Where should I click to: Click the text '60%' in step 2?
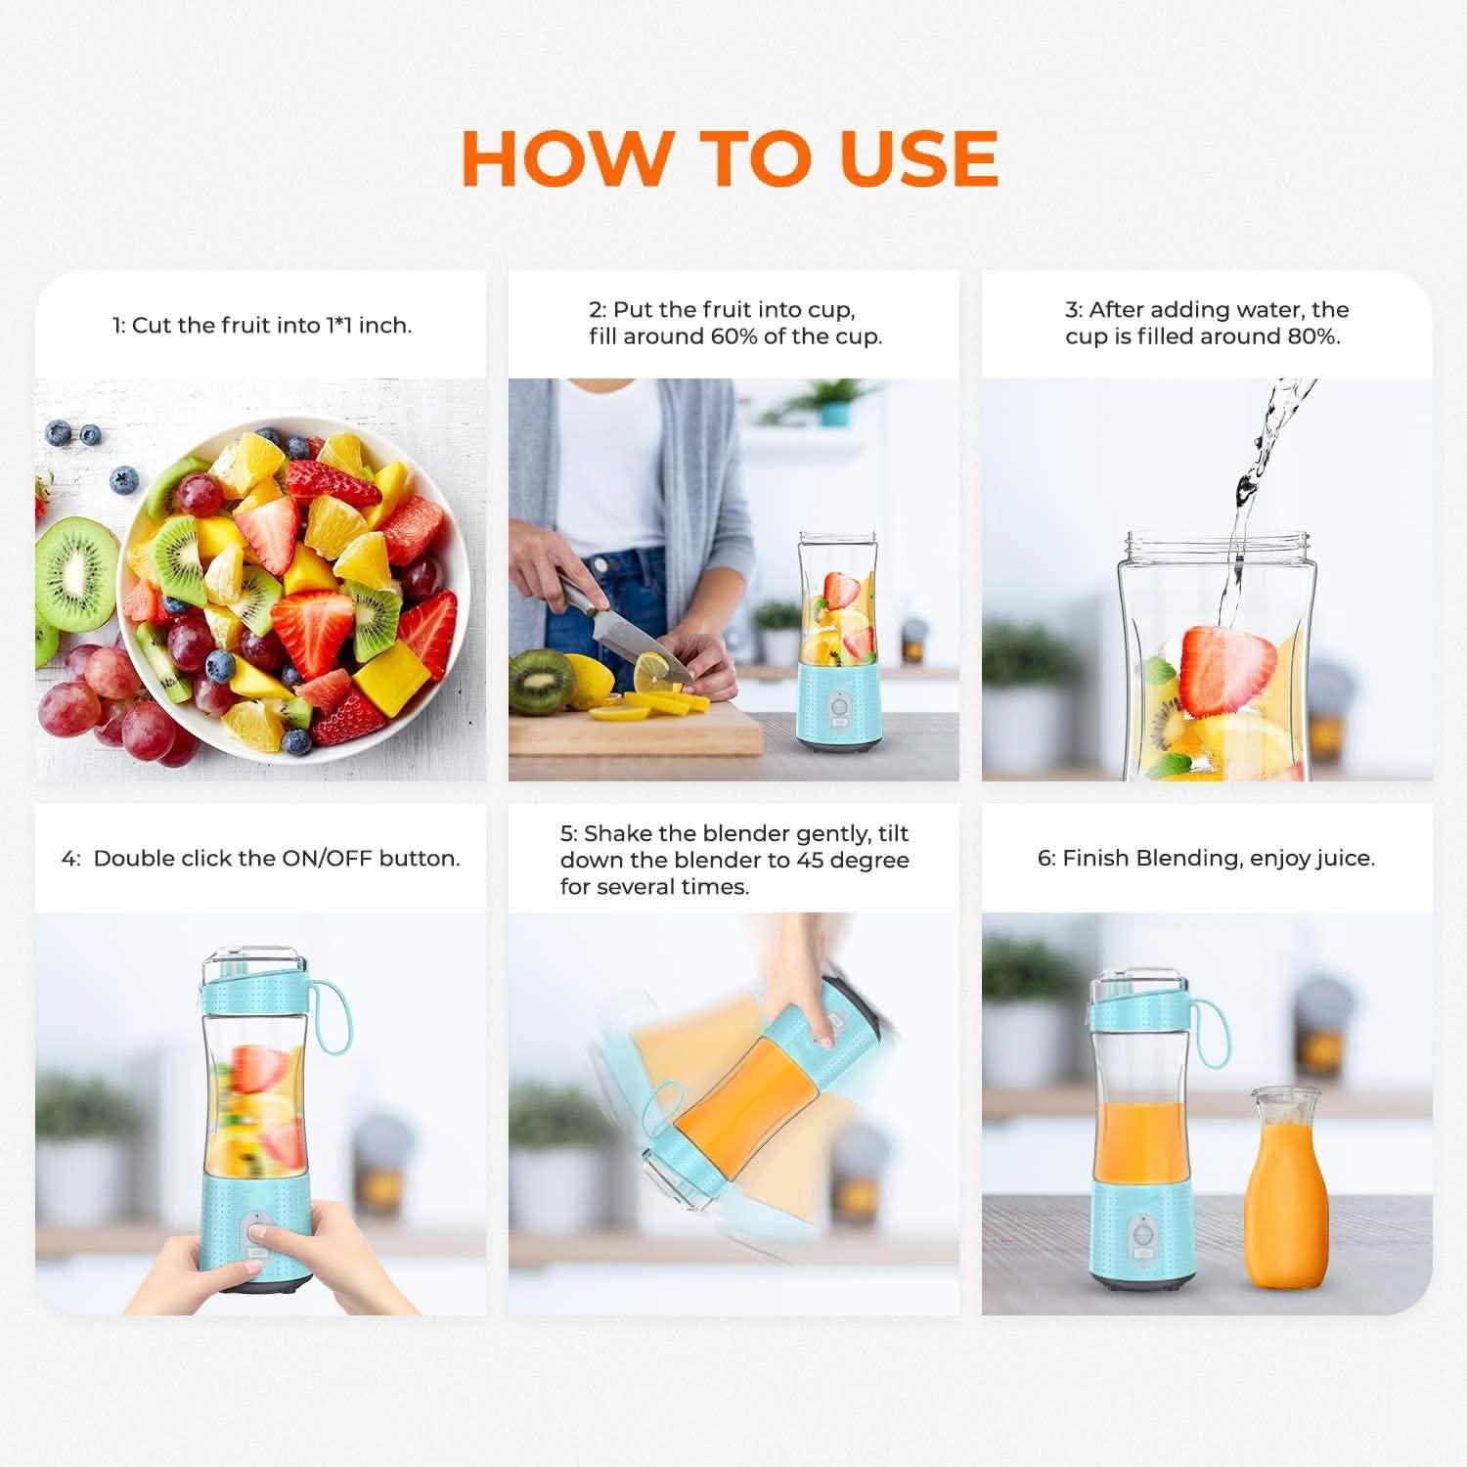(713, 336)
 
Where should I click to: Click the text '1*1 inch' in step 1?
(369, 326)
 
